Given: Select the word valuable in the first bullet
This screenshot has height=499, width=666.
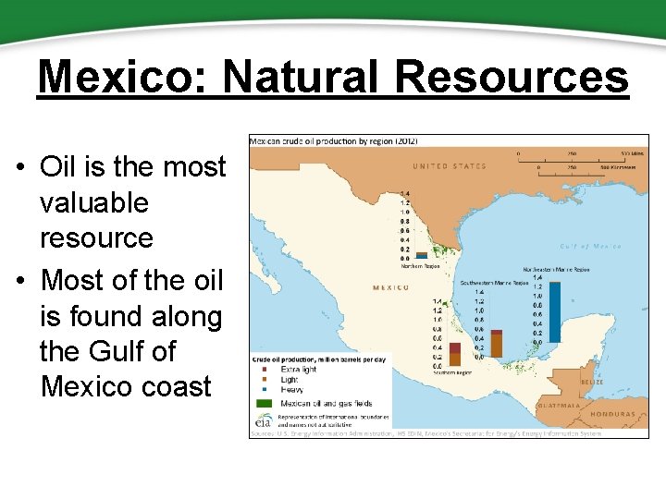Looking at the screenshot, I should [93, 202].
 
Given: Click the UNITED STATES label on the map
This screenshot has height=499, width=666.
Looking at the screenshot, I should [449, 166].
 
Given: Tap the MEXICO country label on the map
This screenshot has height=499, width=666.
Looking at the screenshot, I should [390, 287].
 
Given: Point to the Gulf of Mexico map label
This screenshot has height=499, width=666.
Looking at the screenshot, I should [589, 247].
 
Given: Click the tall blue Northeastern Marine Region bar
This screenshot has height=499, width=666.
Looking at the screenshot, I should [554, 311].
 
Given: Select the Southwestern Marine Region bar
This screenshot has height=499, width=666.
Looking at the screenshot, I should [497, 343].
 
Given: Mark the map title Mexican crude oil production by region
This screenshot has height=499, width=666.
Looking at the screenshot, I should [334, 140].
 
